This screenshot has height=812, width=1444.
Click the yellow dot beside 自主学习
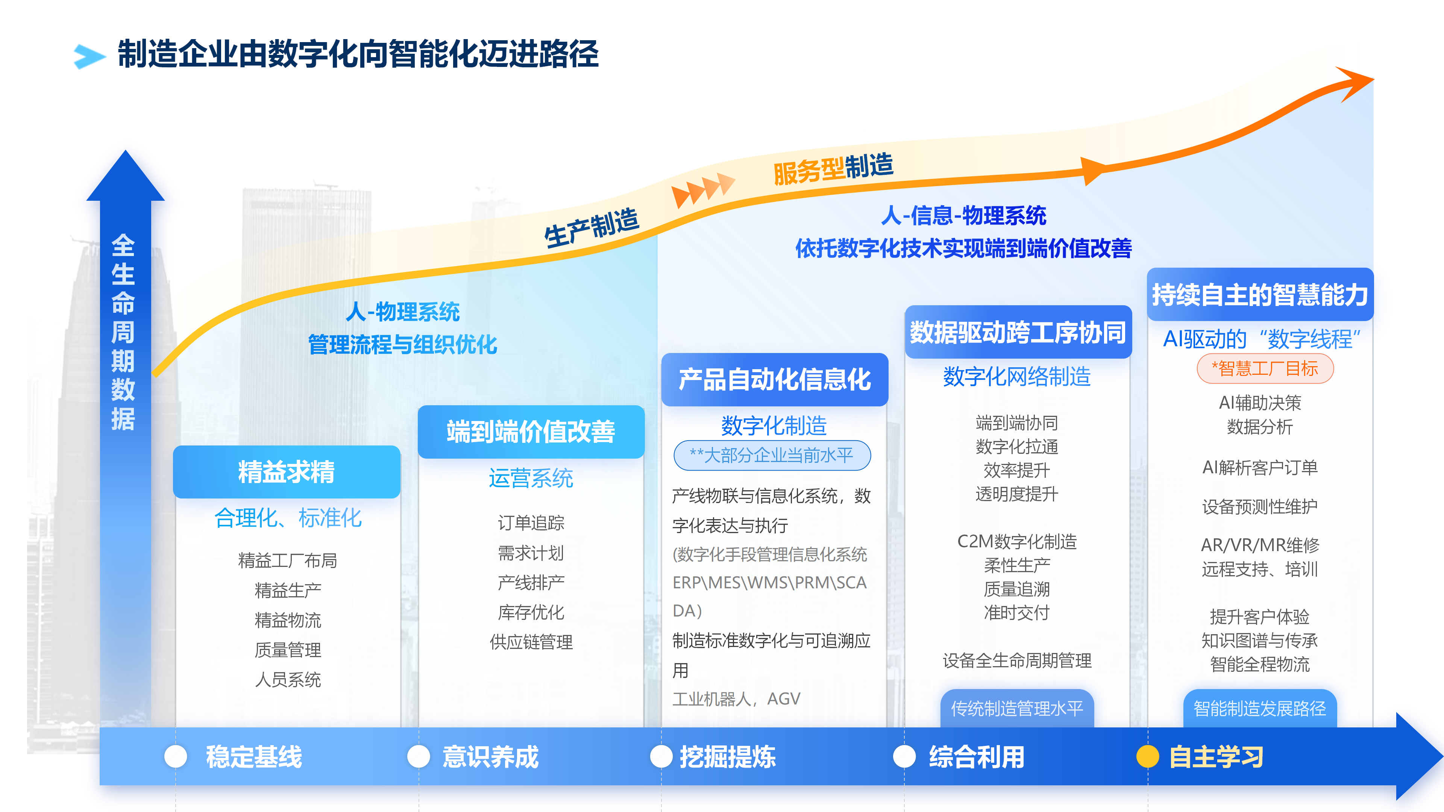click(1147, 756)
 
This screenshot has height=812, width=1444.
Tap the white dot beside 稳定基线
click(176, 756)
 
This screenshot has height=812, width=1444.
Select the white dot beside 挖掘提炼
click(661, 756)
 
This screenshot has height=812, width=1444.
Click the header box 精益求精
click(287, 472)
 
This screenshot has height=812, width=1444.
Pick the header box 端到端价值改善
click(531, 432)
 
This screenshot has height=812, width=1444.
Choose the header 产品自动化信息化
click(775, 379)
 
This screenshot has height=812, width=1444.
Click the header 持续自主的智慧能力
click(1260, 295)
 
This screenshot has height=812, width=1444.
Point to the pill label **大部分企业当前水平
click(772, 455)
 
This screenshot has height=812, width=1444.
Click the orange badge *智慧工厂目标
click(1265, 369)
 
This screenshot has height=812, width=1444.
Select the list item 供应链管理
click(531, 642)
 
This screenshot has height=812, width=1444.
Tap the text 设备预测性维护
click(1260, 507)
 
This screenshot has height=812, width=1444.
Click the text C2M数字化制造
click(1017, 541)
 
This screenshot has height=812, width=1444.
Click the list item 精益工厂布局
click(288, 561)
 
